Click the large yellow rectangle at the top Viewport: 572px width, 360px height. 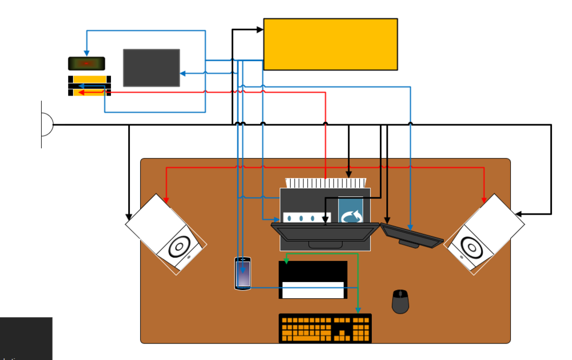coord(330,44)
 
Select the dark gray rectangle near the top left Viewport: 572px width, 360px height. coord(151,68)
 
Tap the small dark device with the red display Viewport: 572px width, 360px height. coord(86,63)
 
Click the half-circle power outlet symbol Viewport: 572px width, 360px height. coord(46,124)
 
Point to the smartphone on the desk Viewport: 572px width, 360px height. coord(243,274)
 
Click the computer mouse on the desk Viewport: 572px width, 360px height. coord(400,302)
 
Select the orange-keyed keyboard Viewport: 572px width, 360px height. coord(325,329)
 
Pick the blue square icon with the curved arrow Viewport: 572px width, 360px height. coord(351,213)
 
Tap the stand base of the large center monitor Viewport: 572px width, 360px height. coord(325,244)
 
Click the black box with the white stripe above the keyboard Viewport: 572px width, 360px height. coord(313,280)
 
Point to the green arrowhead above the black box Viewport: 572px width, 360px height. coord(286,261)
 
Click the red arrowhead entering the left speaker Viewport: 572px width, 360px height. coord(166,199)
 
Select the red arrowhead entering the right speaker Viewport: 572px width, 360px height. coord(484,199)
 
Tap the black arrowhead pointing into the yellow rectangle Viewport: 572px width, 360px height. coord(259,30)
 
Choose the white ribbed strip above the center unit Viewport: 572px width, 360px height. coord(325,183)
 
